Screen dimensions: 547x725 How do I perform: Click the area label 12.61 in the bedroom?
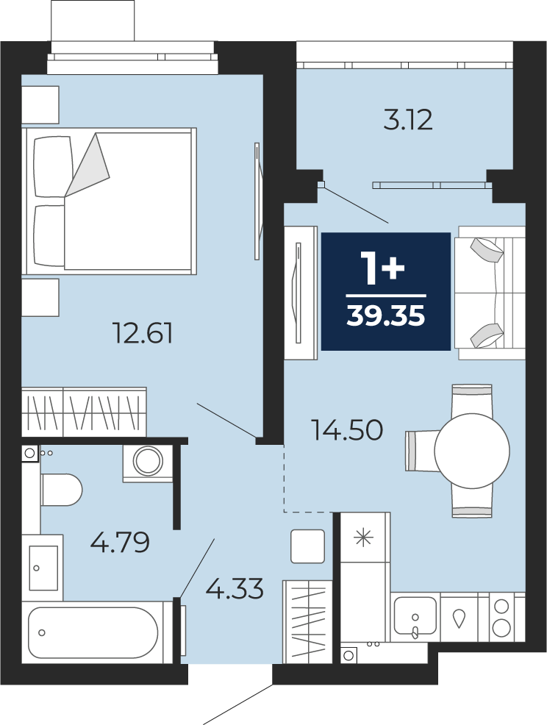click(x=143, y=333)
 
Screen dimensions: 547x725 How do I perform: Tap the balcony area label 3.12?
click(x=408, y=120)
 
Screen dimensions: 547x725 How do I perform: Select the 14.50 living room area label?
click(x=347, y=429)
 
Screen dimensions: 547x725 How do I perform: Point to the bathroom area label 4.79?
click(x=120, y=542)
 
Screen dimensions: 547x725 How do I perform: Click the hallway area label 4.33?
click(x=235, y=588)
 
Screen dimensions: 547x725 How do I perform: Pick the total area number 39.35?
click(x=386, y=316)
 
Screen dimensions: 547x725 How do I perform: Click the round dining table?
click(x=471, y=450)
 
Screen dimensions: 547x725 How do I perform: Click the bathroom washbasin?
click(x=43, y=568)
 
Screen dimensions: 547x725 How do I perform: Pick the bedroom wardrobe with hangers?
click(x=84, y=412)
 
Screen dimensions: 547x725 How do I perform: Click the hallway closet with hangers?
click(x=307, y=621)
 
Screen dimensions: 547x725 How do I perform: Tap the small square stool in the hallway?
click(x=307, y=546)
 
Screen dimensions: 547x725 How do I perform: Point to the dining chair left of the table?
click(x=422, y=451)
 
